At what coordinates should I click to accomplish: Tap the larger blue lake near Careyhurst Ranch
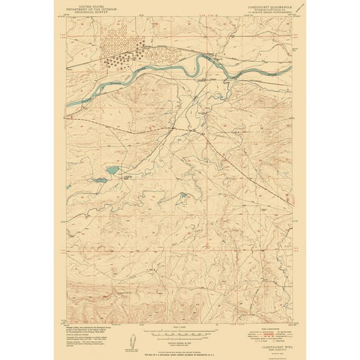pyautogui.click(x=113, y=170)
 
